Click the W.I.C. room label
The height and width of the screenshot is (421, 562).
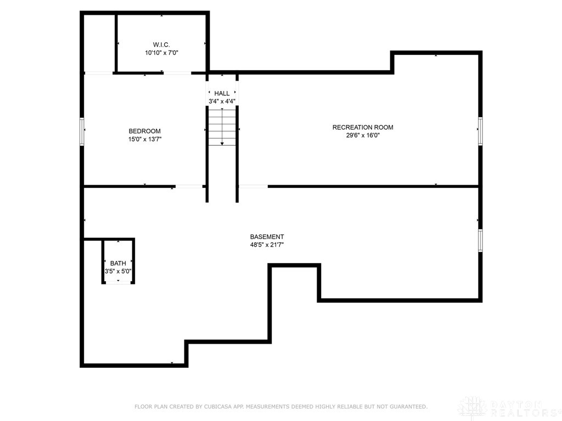pos(161,44)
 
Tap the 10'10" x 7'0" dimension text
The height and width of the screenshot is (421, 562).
pos(161,53)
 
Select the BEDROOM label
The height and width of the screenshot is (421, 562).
pos(144,131)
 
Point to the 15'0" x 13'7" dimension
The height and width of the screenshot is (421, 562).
pos(144,139)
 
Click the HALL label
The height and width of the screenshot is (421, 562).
pos(222,93)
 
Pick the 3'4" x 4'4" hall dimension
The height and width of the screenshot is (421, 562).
pos(222,101)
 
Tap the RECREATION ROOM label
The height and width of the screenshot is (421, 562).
pos(363,127)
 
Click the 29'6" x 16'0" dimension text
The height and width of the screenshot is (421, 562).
pos(363,135)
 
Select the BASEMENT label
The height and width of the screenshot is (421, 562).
pos(267,237)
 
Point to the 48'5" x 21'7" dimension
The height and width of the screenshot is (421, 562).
pos(267,245)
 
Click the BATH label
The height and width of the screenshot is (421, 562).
pos(118,263)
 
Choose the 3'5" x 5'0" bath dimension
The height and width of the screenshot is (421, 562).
pos(118,271)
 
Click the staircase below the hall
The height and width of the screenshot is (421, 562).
pos(222,127)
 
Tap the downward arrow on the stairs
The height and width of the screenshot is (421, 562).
pos(222,143)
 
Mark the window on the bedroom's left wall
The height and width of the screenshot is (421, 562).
pos(82,132)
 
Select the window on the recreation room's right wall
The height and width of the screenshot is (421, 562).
pos(480,131)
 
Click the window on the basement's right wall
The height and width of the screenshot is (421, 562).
pos(480,241)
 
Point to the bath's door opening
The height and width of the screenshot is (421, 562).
pos(118,282)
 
